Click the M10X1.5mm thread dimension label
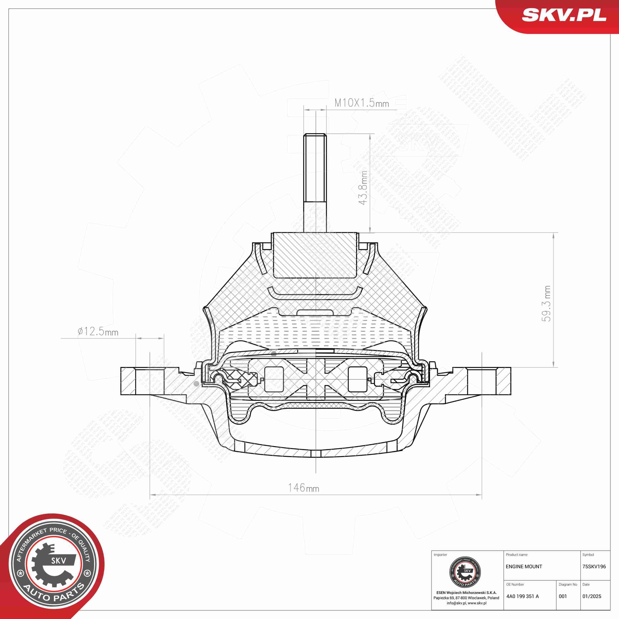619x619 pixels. pos(361,103)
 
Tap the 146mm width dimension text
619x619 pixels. pos(303,488)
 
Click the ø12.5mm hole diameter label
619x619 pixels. pos(98,331)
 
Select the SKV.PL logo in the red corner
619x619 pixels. pos(564,15)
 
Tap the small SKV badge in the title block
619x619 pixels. pos(465,572)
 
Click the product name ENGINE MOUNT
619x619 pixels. pos(524,567)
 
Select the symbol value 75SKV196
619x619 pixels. pos(594,567)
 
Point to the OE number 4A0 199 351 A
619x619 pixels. pos(523,596)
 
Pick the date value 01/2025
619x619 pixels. pos(592,596)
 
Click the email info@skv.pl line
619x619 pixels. pos(466,603)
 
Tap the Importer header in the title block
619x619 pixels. pos(440,555)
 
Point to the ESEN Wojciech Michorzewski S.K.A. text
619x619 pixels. pos(466,593)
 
